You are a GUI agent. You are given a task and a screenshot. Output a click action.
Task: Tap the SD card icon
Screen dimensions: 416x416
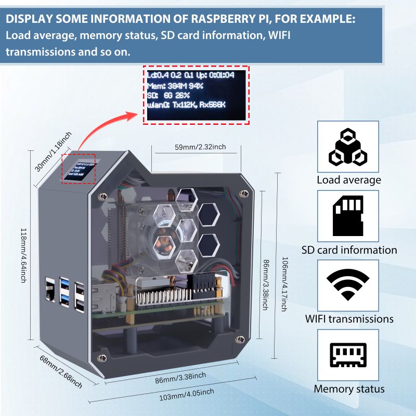coord(347,216)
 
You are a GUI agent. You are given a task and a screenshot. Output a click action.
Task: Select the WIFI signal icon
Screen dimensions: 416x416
coord(347,285)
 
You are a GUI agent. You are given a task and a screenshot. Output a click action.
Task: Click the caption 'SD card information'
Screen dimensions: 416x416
coord(349,250)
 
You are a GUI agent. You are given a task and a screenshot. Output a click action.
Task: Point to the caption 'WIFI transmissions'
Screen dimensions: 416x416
coord(349,319)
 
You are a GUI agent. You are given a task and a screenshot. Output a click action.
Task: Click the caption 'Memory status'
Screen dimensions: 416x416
coord(349,389)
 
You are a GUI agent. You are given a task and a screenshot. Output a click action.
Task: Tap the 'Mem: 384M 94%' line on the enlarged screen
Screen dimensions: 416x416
coord(175,85)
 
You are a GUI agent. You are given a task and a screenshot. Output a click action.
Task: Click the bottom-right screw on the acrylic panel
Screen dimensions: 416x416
coord(240,340)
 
